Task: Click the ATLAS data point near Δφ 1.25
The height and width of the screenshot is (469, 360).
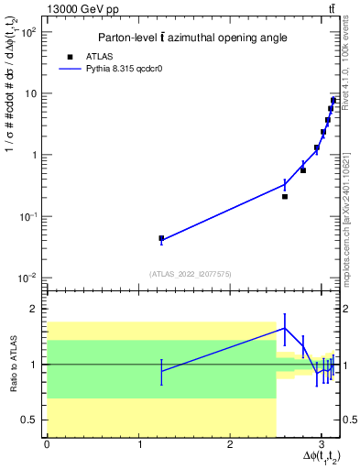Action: pos(161,238)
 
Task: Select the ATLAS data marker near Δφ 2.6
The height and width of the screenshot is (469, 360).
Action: pos(285,196)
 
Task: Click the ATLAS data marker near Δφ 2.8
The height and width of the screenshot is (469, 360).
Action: pos(303,170)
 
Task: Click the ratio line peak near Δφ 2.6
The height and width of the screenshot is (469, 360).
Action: pos(285,328)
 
